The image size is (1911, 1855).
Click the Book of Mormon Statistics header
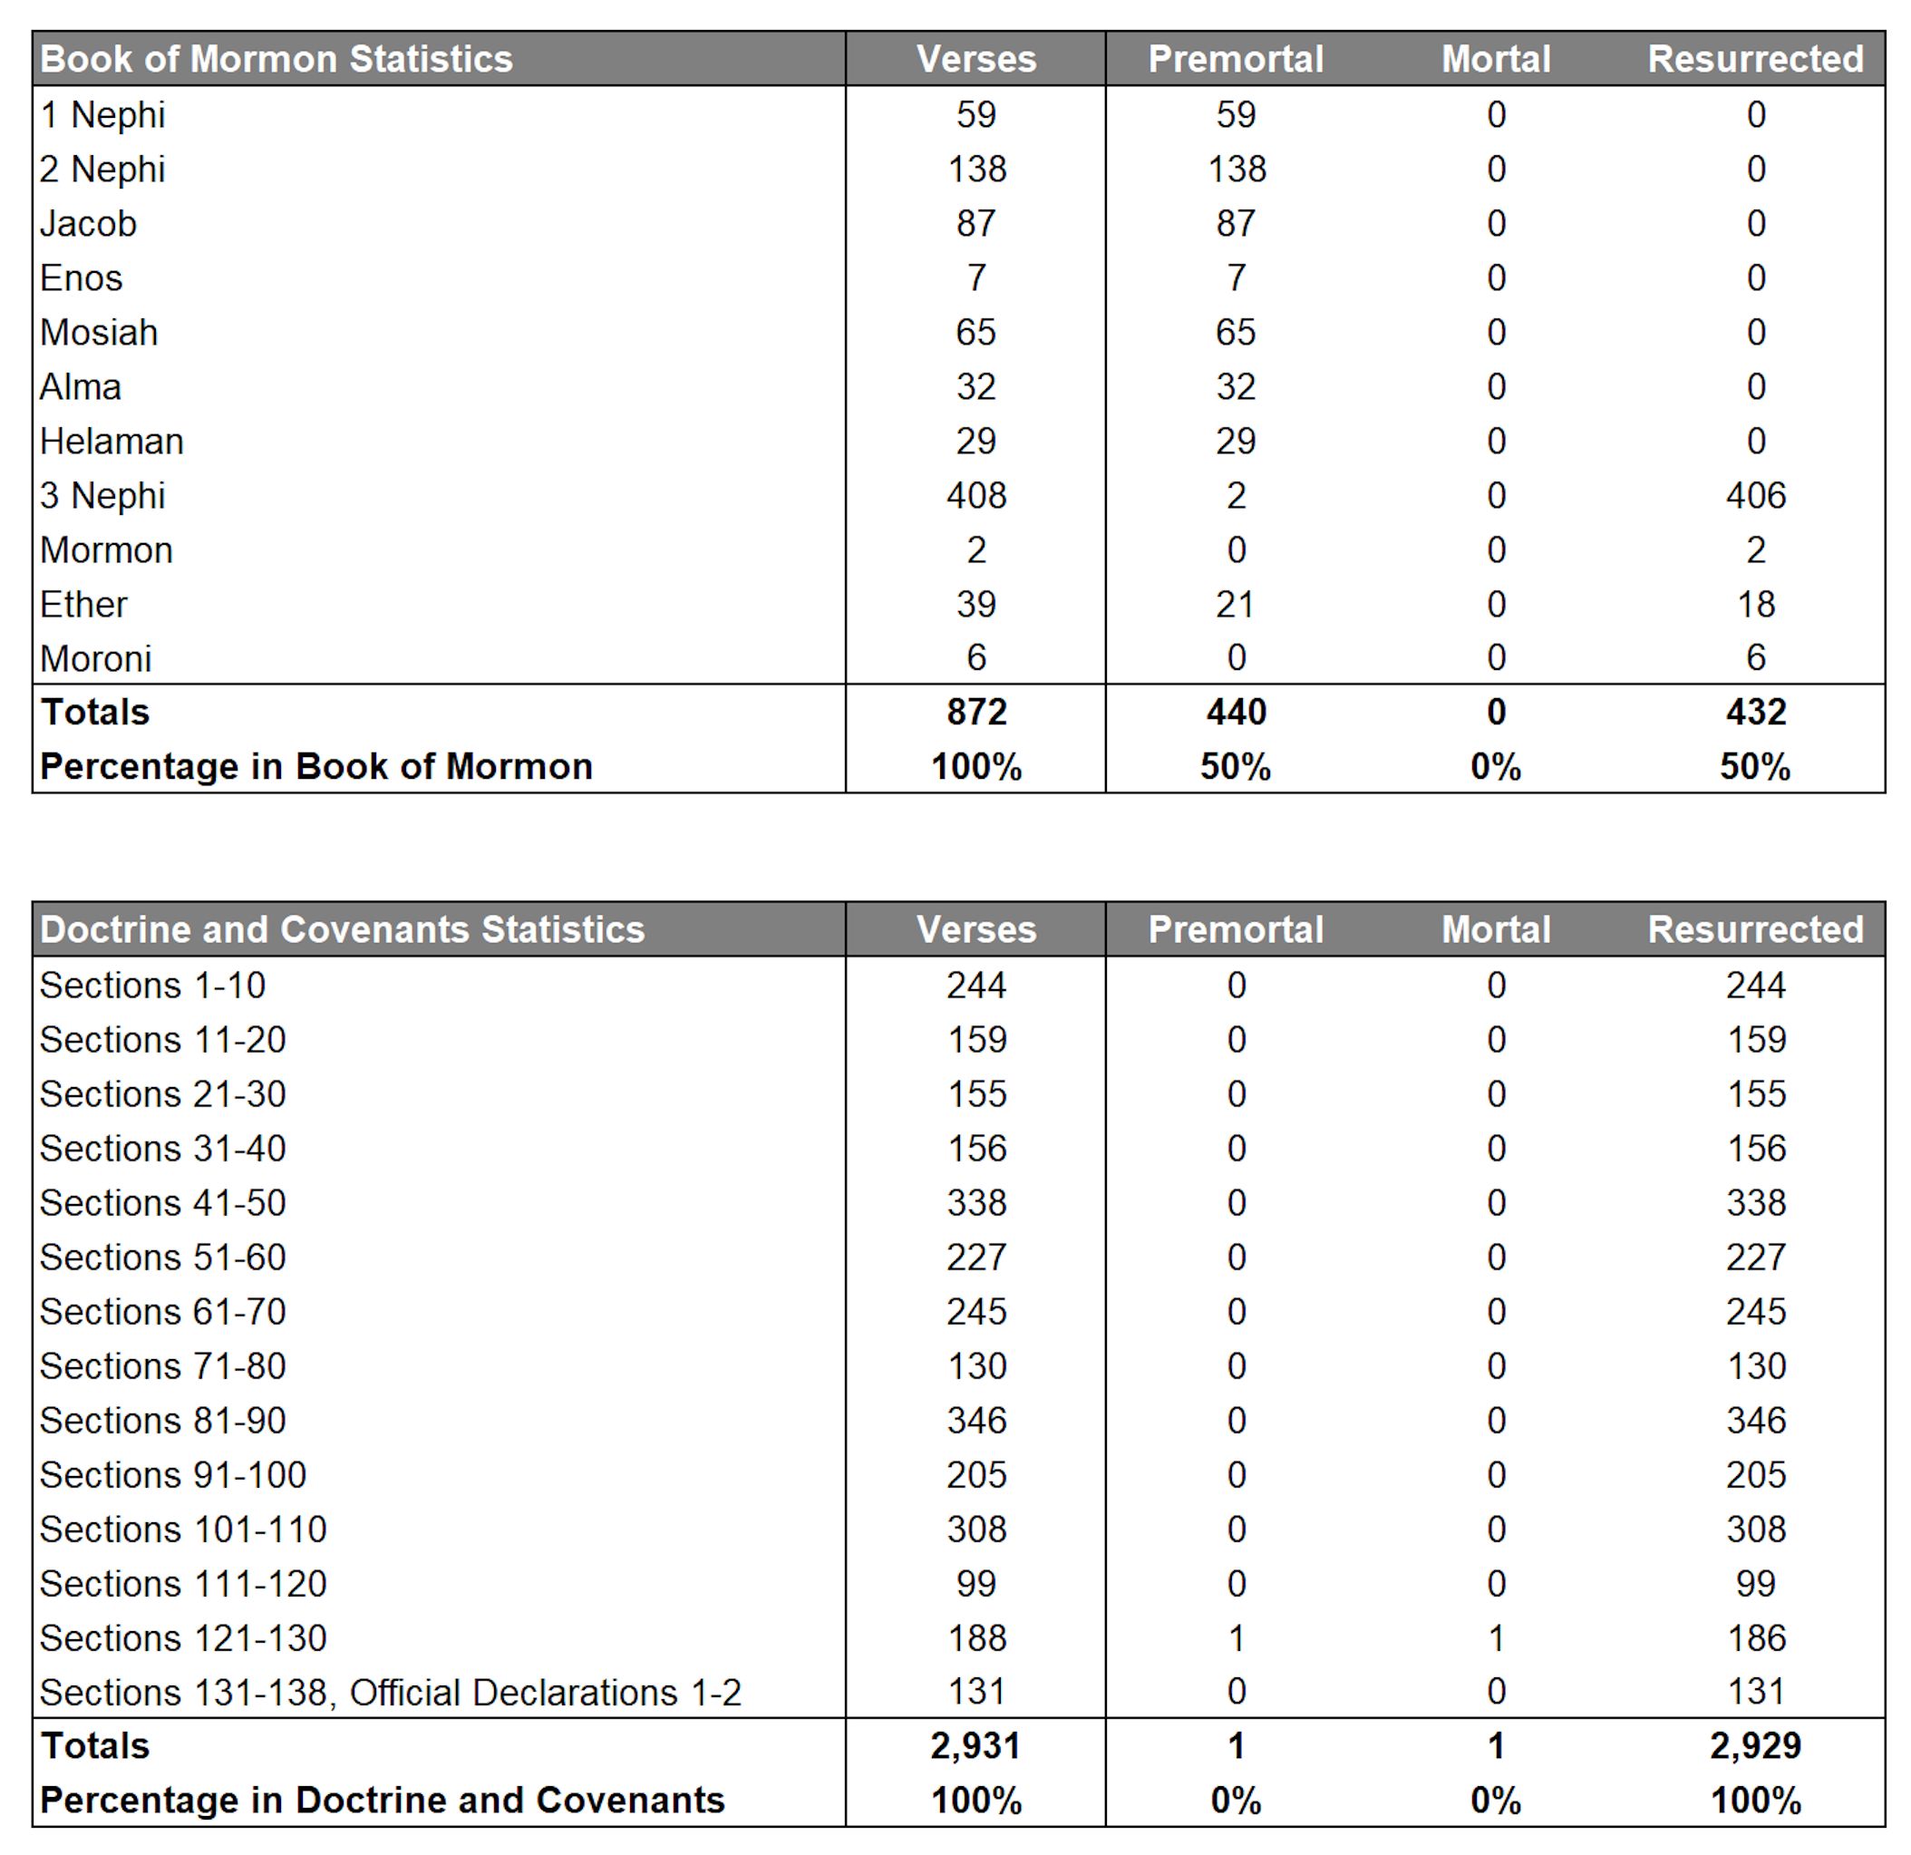pos(276,60)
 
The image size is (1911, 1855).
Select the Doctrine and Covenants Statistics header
pos(343,929)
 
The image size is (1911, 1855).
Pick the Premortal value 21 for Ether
pos(1236,605)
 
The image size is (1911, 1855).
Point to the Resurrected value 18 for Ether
pos(1755,605)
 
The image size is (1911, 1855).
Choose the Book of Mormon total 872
pos(976,712)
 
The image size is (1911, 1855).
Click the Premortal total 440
pos(1236,712)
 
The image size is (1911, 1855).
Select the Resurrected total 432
pos(1755,712)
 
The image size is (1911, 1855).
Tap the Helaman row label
pos(112,442)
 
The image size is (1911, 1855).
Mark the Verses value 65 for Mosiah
pos(976,333)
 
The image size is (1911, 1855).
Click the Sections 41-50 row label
pos(163,1202)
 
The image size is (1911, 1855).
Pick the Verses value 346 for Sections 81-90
pos(976,1420)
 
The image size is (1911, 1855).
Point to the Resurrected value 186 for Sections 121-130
pos(1755,1638)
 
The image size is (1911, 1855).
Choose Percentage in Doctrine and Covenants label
pos(383,1801)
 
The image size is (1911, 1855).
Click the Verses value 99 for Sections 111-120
pos(976,1584)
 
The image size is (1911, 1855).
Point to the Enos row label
pos(81,279)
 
